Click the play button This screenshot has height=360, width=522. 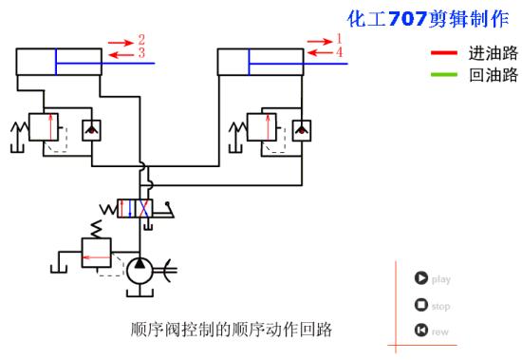tap(419, 278)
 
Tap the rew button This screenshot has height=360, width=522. tap(419, 331)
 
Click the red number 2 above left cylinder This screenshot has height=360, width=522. tap(140, 40)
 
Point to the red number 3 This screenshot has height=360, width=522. tap(140, 54)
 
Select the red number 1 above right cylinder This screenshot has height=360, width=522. tap(338, 39)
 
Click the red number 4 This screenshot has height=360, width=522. tap(338, 52)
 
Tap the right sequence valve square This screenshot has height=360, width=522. tap(262, 126)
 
